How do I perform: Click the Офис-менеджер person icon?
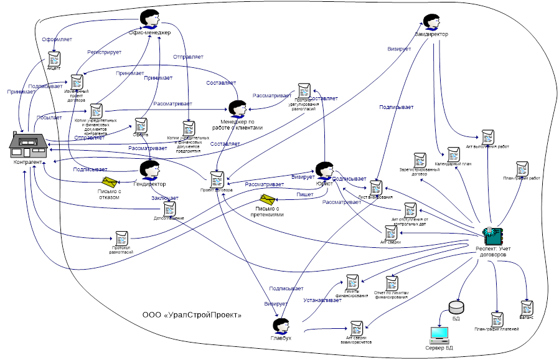149,17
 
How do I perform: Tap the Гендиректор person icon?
149,169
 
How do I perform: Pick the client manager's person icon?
236,107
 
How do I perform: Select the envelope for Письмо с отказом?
110,182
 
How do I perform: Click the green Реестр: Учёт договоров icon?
493,235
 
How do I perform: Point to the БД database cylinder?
456,307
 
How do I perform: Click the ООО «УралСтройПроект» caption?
192,315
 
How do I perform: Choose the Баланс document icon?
527,308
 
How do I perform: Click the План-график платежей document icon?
497,320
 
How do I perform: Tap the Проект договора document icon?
217,179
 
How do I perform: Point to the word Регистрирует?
105,52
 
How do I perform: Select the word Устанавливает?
322,300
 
